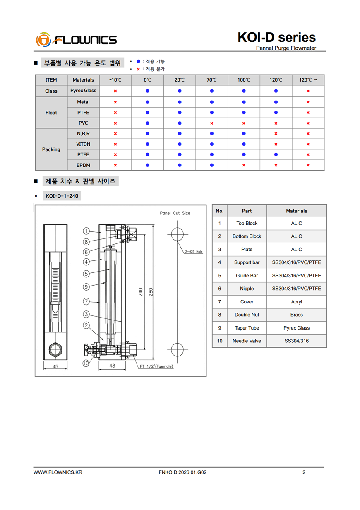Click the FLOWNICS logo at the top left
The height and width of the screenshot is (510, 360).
click(77, 40)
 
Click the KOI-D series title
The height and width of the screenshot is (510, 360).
click(276, 38)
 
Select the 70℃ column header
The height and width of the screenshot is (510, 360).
click(211, 80)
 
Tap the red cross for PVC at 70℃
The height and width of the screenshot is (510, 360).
click(211, 123)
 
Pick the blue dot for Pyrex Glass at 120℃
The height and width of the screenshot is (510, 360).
click(276, 91)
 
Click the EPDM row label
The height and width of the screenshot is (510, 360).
click(83, 165)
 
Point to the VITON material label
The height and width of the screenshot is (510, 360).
click(83, 144)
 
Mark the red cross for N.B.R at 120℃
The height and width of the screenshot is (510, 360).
click(276, 134)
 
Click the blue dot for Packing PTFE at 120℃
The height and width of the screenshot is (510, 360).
click(276, 155)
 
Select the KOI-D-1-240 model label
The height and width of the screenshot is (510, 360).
click(62, 196)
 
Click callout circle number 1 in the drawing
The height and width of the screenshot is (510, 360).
click(86, 231)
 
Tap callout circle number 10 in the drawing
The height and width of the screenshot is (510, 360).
click(86, 363)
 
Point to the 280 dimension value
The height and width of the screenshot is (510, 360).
click(151, 292)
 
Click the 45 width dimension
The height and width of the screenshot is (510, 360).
click(55, 366)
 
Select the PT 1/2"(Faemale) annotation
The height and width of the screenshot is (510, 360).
click(156, 366)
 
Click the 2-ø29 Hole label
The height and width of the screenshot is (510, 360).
click(194, 252)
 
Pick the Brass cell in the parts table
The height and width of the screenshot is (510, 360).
click(296, 315)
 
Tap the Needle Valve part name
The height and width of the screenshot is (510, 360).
click(247, 341)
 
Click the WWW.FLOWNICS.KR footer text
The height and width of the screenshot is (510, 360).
click(58, 472)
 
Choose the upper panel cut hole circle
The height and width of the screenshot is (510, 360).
click(178, 234)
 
